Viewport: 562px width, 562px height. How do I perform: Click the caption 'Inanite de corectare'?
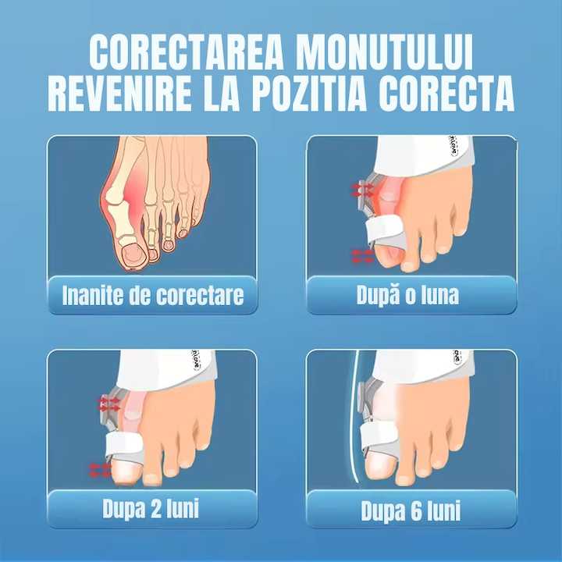pos(152,296)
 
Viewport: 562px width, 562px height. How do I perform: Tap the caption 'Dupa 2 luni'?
pos(151,509)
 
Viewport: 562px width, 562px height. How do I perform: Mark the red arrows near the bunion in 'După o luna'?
pos(361,189)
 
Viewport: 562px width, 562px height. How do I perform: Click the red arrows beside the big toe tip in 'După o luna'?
pos(363,255)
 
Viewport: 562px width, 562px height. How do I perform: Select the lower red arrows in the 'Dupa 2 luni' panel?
pos(101,469)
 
